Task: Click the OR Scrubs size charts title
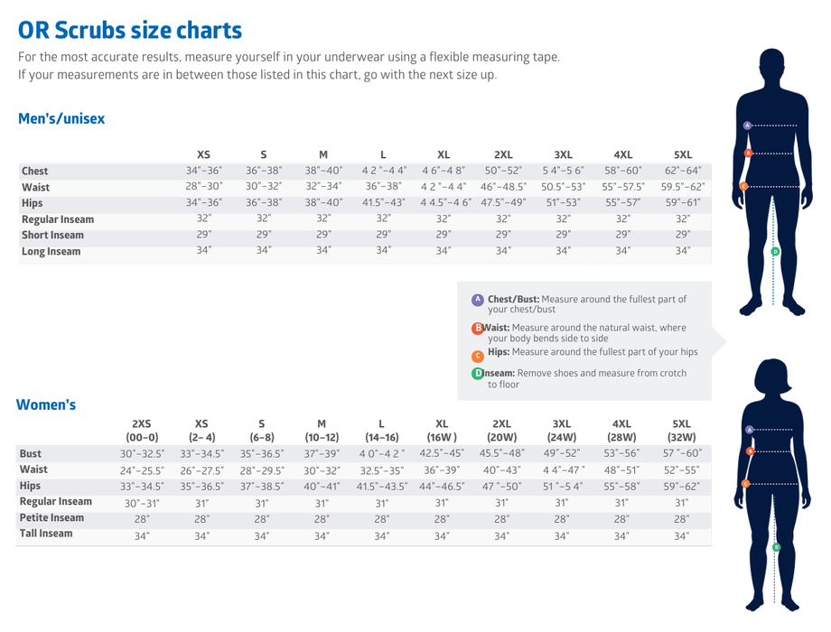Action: pos(130,30)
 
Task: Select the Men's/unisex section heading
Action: pos(61,119)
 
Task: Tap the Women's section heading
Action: pos(46,404)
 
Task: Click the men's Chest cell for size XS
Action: pos(203,171)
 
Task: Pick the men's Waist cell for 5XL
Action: pos(683,187)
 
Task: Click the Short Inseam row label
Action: pos(52,235)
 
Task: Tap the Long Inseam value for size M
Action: pos(322,250)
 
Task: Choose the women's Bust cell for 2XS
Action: pos(141,453)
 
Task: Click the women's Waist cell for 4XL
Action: pos(622,469)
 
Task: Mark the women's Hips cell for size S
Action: pos(262,486)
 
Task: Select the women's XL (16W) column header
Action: pos(442,431)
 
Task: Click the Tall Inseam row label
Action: pos(46,534)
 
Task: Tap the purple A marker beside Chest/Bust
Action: pos(477,300)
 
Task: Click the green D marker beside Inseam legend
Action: pos(477,374)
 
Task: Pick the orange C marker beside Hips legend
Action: pos(478,357)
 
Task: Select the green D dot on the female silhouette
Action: pos(775,547)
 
